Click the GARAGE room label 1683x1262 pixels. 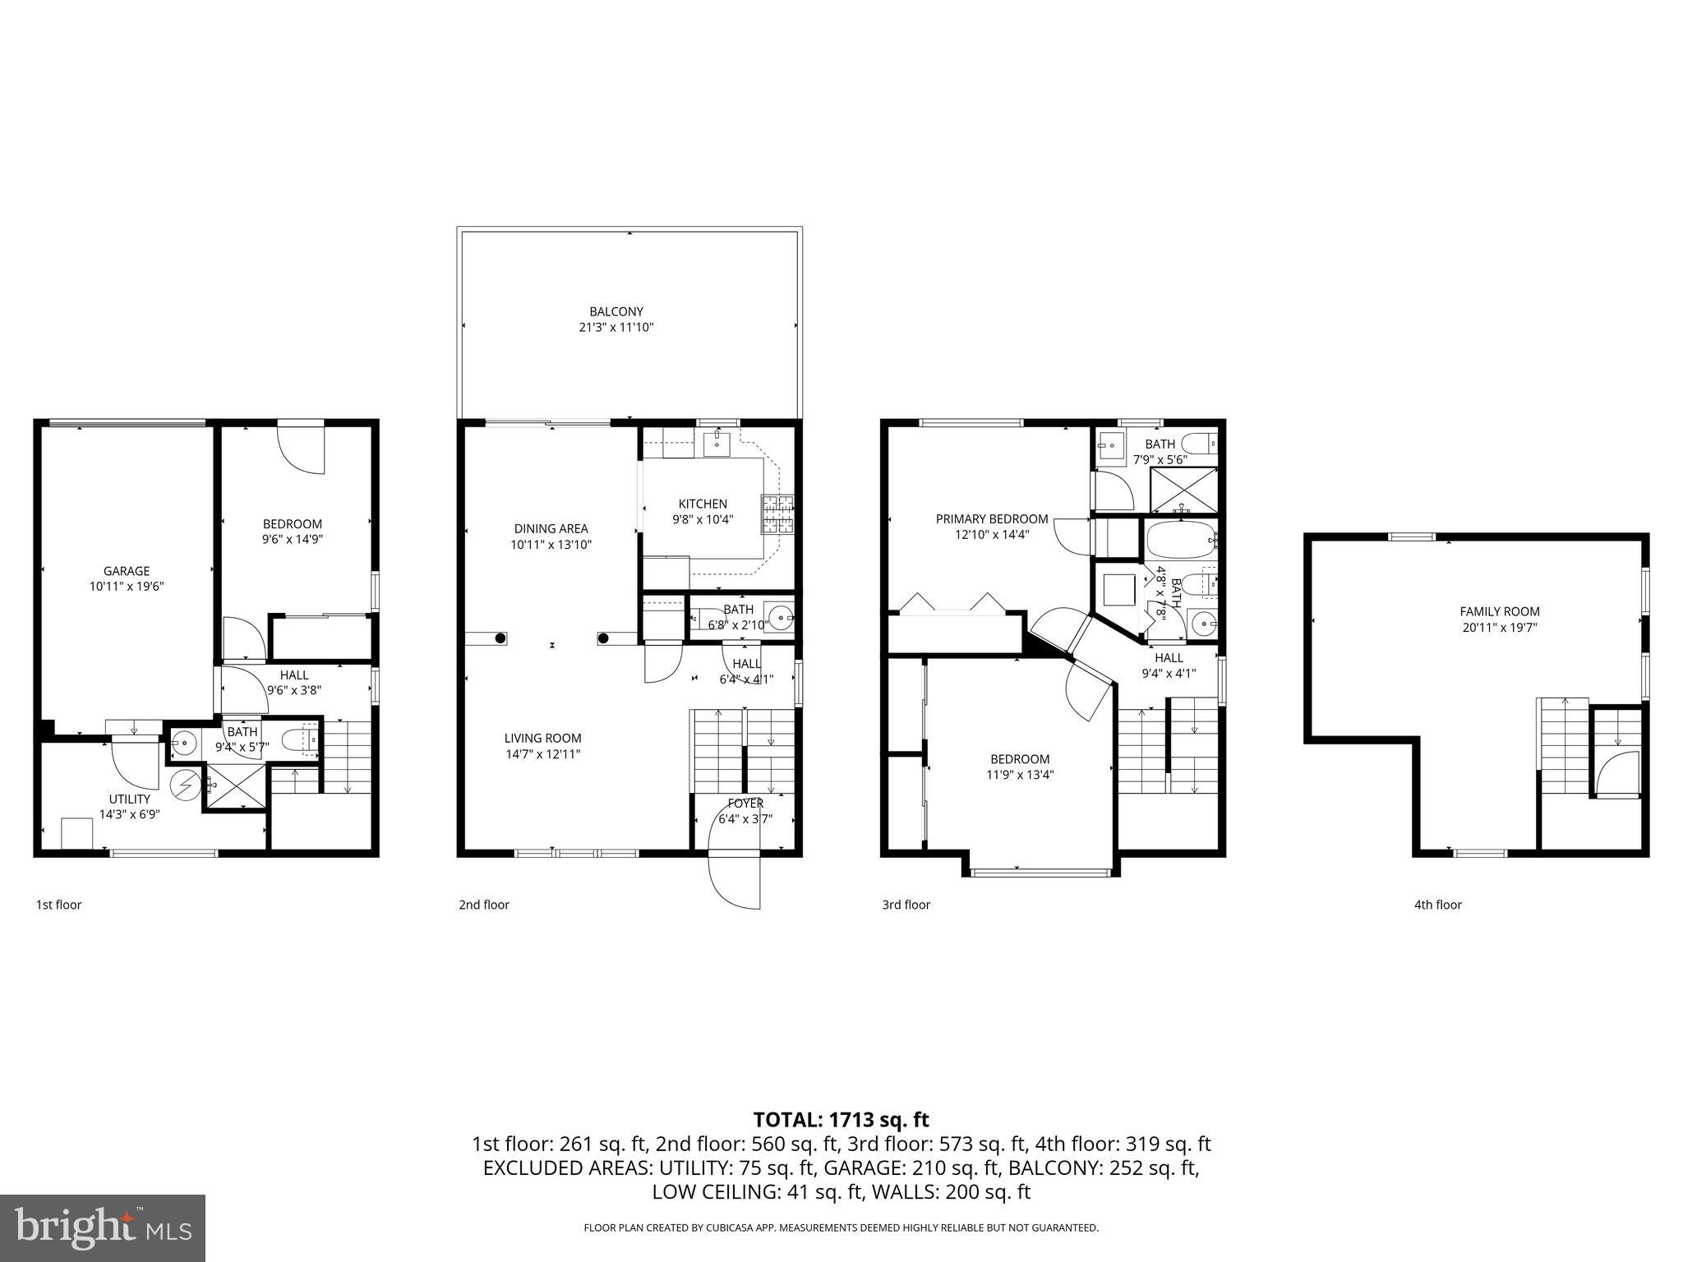[x=127, y=571]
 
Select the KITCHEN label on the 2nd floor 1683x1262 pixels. [x=703, y=504]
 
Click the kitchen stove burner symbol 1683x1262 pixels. [x=778, y=515]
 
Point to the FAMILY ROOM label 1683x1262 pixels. [x=1499, y=611]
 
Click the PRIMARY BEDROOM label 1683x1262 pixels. [x=991, y=518]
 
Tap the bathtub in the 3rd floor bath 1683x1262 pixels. [x=1180, y=539]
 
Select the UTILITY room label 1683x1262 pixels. [x=130, y=799]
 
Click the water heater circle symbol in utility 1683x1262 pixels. [x=185, y=785]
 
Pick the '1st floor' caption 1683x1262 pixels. [x=58, y=905]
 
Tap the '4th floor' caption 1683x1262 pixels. [x=1437, y=905]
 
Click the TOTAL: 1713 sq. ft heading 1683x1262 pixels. [x=841, y=1119]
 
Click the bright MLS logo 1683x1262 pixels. [x=103, y=1227]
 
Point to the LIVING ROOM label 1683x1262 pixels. [x=542, y=738]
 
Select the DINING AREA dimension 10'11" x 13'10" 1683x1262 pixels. [x=551, y=544]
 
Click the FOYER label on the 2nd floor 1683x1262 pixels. [x=745, y=803]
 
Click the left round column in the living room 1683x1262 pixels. [x=499, y=638]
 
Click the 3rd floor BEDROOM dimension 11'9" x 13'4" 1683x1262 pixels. [x=1019, y=774]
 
